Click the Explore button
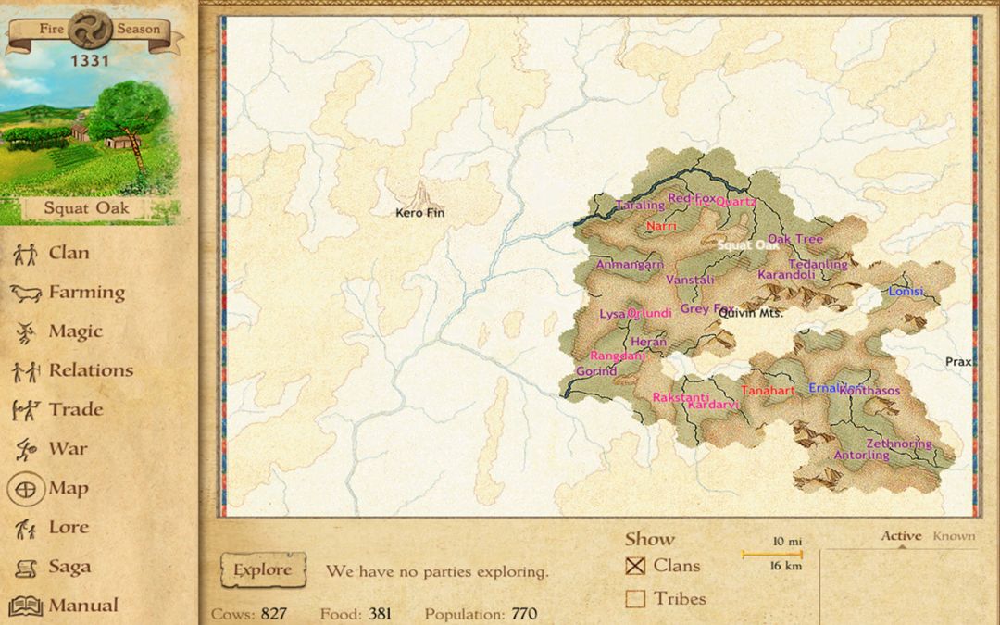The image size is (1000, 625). pos(263,570)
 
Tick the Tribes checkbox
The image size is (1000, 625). pos(635,599)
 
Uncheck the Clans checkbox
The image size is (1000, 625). pos(635,566)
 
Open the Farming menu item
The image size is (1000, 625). pos(86,293)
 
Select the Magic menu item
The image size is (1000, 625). pos(75,331)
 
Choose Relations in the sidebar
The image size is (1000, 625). pos(91,370)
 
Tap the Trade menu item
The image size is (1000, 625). pos(75,409)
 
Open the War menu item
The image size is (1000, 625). pos(68,449)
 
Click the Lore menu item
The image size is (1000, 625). pos(69,528)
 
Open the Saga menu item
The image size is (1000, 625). pos(69,567)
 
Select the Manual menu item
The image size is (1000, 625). pos(83,606)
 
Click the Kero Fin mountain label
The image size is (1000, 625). pos(420,213)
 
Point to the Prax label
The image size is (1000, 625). pos(958,362)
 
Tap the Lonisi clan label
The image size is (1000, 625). pos(906,291)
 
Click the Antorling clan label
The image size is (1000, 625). pos(861,456)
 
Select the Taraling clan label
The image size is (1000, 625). pos(640,205)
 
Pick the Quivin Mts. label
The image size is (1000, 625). pos(751,313)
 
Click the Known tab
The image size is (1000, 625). pos(954,536)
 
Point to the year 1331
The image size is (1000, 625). pos(89,61)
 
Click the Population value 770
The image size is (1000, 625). pos(524,614)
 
